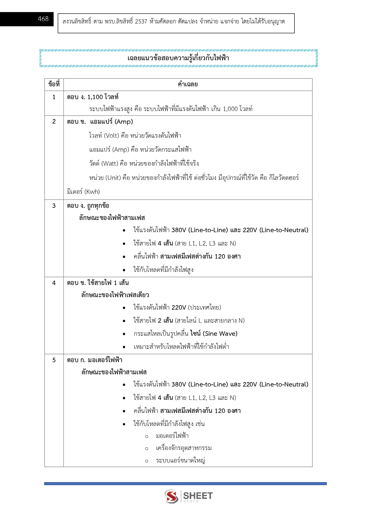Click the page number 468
43,19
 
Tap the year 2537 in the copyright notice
141,21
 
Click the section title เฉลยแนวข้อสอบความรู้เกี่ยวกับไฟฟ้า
178,58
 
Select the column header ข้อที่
54,84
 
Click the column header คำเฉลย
188,84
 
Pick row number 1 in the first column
54,97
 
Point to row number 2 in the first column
54,121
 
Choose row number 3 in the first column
54,205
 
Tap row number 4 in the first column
54,283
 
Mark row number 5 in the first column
54,360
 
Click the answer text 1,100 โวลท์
103,97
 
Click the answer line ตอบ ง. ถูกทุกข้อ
88,205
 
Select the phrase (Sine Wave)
220,334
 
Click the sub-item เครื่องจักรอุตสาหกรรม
184,448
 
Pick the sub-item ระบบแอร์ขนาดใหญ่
180,460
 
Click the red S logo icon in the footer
171,496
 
